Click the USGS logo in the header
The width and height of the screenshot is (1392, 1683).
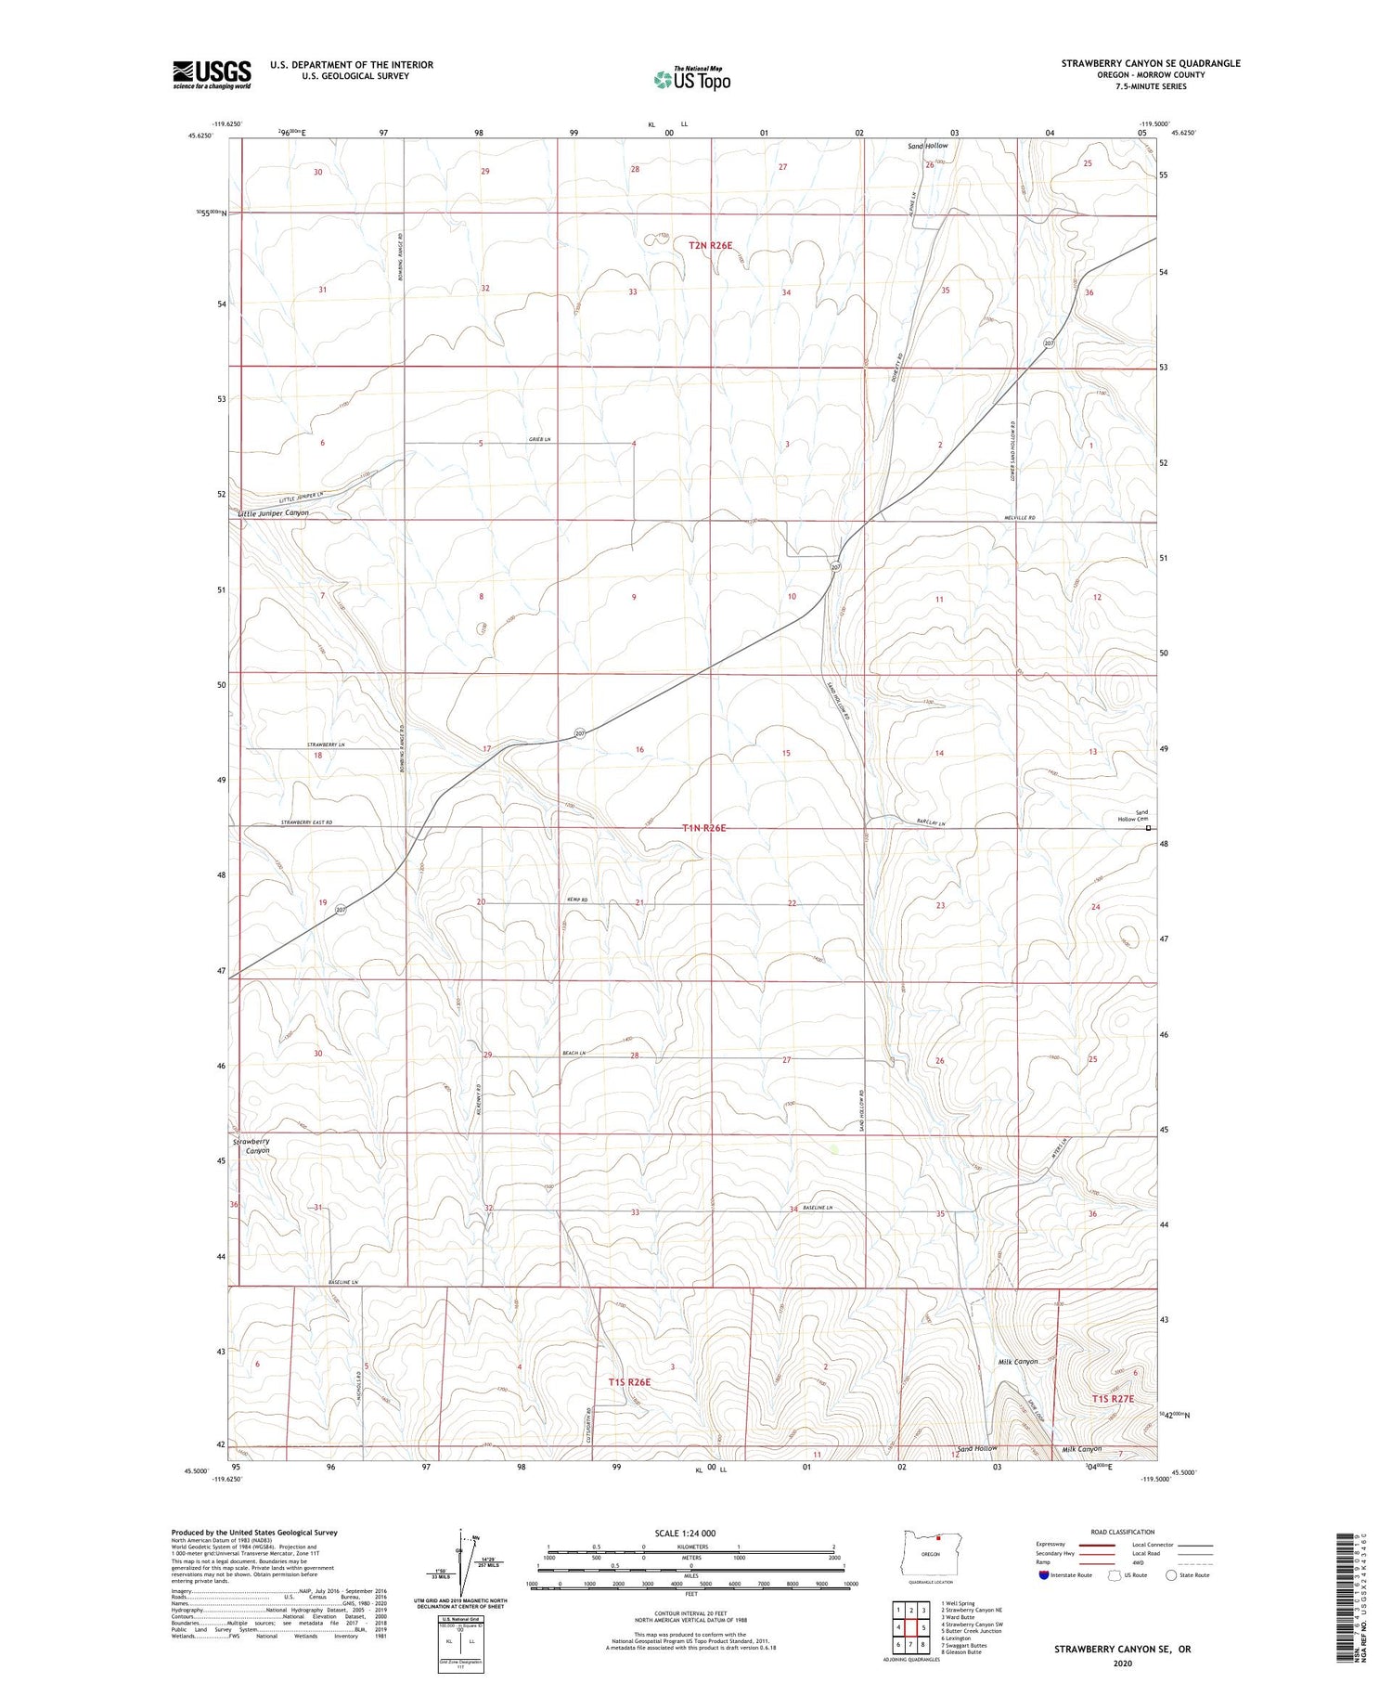[x=212, y=74]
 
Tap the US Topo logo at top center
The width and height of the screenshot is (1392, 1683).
[x=692, y=80]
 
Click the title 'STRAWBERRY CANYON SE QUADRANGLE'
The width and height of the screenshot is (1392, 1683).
[x=1151, y=63]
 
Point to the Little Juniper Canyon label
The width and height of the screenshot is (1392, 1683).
[x=273, y=513]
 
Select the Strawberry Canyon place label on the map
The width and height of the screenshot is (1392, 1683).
[x=251, y=1146]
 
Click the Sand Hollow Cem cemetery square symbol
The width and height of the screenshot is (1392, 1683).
[x=1148, y=828]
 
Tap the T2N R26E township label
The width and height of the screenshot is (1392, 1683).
[x=711, y=246]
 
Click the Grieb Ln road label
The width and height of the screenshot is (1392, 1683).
[x=541, y=439]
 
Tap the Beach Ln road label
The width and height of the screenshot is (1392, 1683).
[x=574, y=1053]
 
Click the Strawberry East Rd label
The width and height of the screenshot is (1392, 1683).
[x=306, y=822]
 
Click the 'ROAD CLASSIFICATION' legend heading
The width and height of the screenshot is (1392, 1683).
[x=1123, y=1532]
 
